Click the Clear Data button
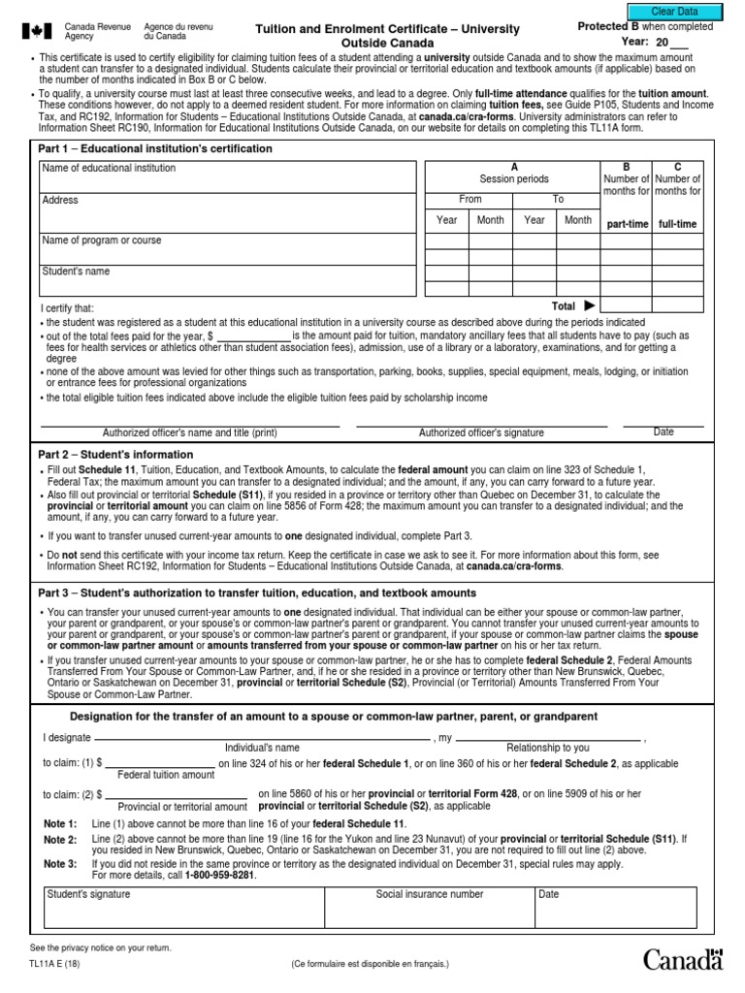(x=674, y=12)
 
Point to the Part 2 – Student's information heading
(x=115, y=454)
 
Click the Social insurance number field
(x=429, y=902)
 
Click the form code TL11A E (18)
(x=56, y=963)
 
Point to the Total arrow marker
(x=588, y=305)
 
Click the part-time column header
(x=626, y=224)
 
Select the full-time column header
(x=677, y=224)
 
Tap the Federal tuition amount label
(x=166, y=775)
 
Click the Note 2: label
(x=60, y=839)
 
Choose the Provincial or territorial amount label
(x=182, y=807)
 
